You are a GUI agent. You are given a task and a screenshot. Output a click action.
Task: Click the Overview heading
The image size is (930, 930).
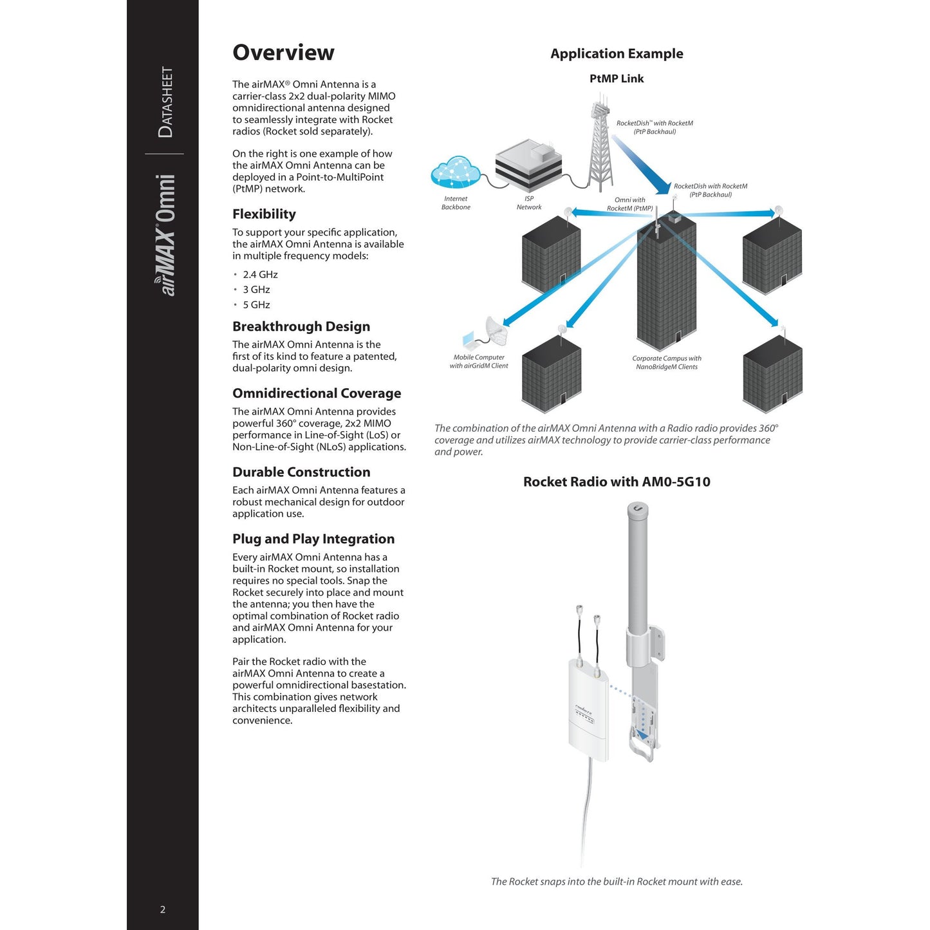click(283, 53)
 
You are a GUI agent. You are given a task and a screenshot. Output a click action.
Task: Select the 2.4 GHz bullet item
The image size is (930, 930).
click(260, 275)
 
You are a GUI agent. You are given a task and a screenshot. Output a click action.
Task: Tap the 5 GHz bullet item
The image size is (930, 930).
click(256, 305)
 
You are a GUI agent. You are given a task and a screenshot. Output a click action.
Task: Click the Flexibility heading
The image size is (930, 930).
click(264, 214)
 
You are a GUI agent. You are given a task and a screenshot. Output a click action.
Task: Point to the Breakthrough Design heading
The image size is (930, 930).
click(301, 327)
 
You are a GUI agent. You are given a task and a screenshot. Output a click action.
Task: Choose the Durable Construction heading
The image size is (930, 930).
click(301, 472)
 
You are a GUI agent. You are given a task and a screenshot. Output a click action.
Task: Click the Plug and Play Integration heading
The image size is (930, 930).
click(313, 539)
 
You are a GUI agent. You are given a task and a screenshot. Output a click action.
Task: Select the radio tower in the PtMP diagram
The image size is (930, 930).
click(600, 145)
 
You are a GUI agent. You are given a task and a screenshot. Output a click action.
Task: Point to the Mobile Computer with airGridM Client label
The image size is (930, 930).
click(479, 362)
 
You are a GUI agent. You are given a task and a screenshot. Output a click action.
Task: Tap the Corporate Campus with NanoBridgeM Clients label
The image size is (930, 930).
click(667, 363)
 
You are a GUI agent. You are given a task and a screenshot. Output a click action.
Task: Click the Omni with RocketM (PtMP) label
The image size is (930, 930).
click(629, 204)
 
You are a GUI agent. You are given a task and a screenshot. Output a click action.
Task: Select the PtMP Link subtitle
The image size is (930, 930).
click(617, 79)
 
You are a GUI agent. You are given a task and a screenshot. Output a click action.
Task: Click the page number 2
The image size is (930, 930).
click(163, 909)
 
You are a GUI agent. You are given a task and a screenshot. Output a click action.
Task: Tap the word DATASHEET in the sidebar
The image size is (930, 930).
click(165, 102)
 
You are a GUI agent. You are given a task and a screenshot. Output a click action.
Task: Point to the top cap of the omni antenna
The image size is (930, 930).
click(638, 512)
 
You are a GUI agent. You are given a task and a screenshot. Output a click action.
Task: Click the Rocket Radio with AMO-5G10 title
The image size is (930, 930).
click(617, 482)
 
